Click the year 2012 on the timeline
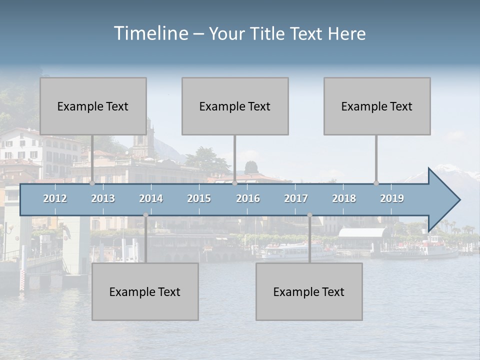click(55, 198)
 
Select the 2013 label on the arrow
click(103, 198)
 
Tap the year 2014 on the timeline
click(151, 198)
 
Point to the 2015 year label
click(199, 198)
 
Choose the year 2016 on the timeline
click(248, 198)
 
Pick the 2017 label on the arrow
click(296, 198)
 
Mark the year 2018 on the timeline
click(344, 198)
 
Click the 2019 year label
click(392, 198)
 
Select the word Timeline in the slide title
click(150, 33)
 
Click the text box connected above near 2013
click(93, 106)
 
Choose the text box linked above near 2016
click(235, 106)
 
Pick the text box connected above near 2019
click(377, 106)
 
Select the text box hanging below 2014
click(145, 291)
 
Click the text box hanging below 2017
click(309, 291)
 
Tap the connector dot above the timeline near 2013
click(92, 183)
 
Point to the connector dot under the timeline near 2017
click(309, 215)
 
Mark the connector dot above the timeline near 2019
click(376, 183)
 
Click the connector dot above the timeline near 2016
click(234, 183)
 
